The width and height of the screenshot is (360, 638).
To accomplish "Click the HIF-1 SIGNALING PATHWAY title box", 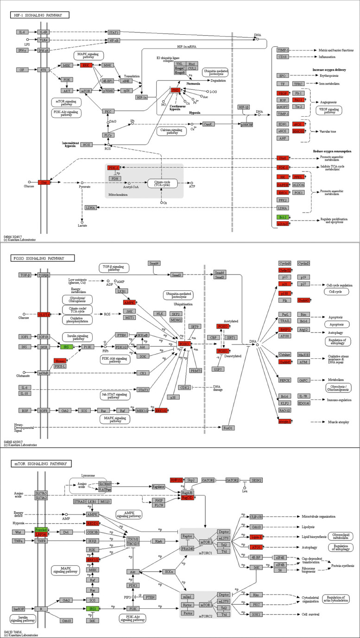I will tap(40, 15).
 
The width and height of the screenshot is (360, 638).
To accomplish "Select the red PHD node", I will tap(175, 90).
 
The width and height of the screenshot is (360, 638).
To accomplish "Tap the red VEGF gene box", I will tap(282, 93).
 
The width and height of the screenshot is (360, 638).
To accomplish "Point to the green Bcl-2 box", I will tap(282, 217).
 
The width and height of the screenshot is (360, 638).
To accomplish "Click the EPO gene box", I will tap(282, 75).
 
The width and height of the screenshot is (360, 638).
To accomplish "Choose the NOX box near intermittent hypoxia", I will tap(87, 144).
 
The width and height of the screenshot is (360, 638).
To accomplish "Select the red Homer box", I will tap(59, 361).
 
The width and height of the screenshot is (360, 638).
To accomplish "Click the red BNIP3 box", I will tap(284, 330).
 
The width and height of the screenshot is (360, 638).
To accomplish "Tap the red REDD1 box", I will tap(93, 523).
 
